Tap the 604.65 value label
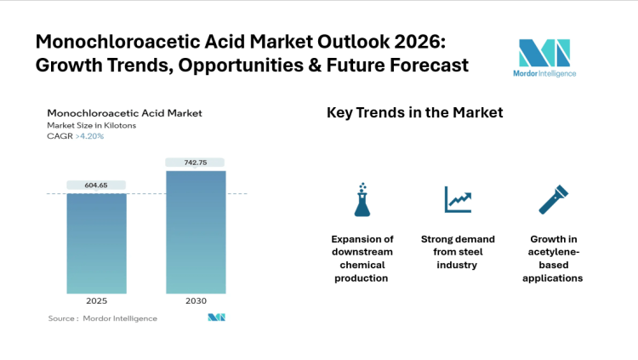click(96, 185)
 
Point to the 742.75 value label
click(196, 162)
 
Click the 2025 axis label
click(96, 301)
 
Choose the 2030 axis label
click(196, 301)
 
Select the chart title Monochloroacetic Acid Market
click(124, 113)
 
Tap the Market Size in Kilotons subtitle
click(91, 125)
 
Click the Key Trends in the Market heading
click(414, 112)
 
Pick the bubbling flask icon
click(362, 199)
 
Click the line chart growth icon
click(458, 199)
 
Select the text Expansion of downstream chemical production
click(362, 258)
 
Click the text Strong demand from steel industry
click(458, 252)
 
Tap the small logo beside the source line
click(216, 317)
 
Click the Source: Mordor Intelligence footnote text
click(102, 318)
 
